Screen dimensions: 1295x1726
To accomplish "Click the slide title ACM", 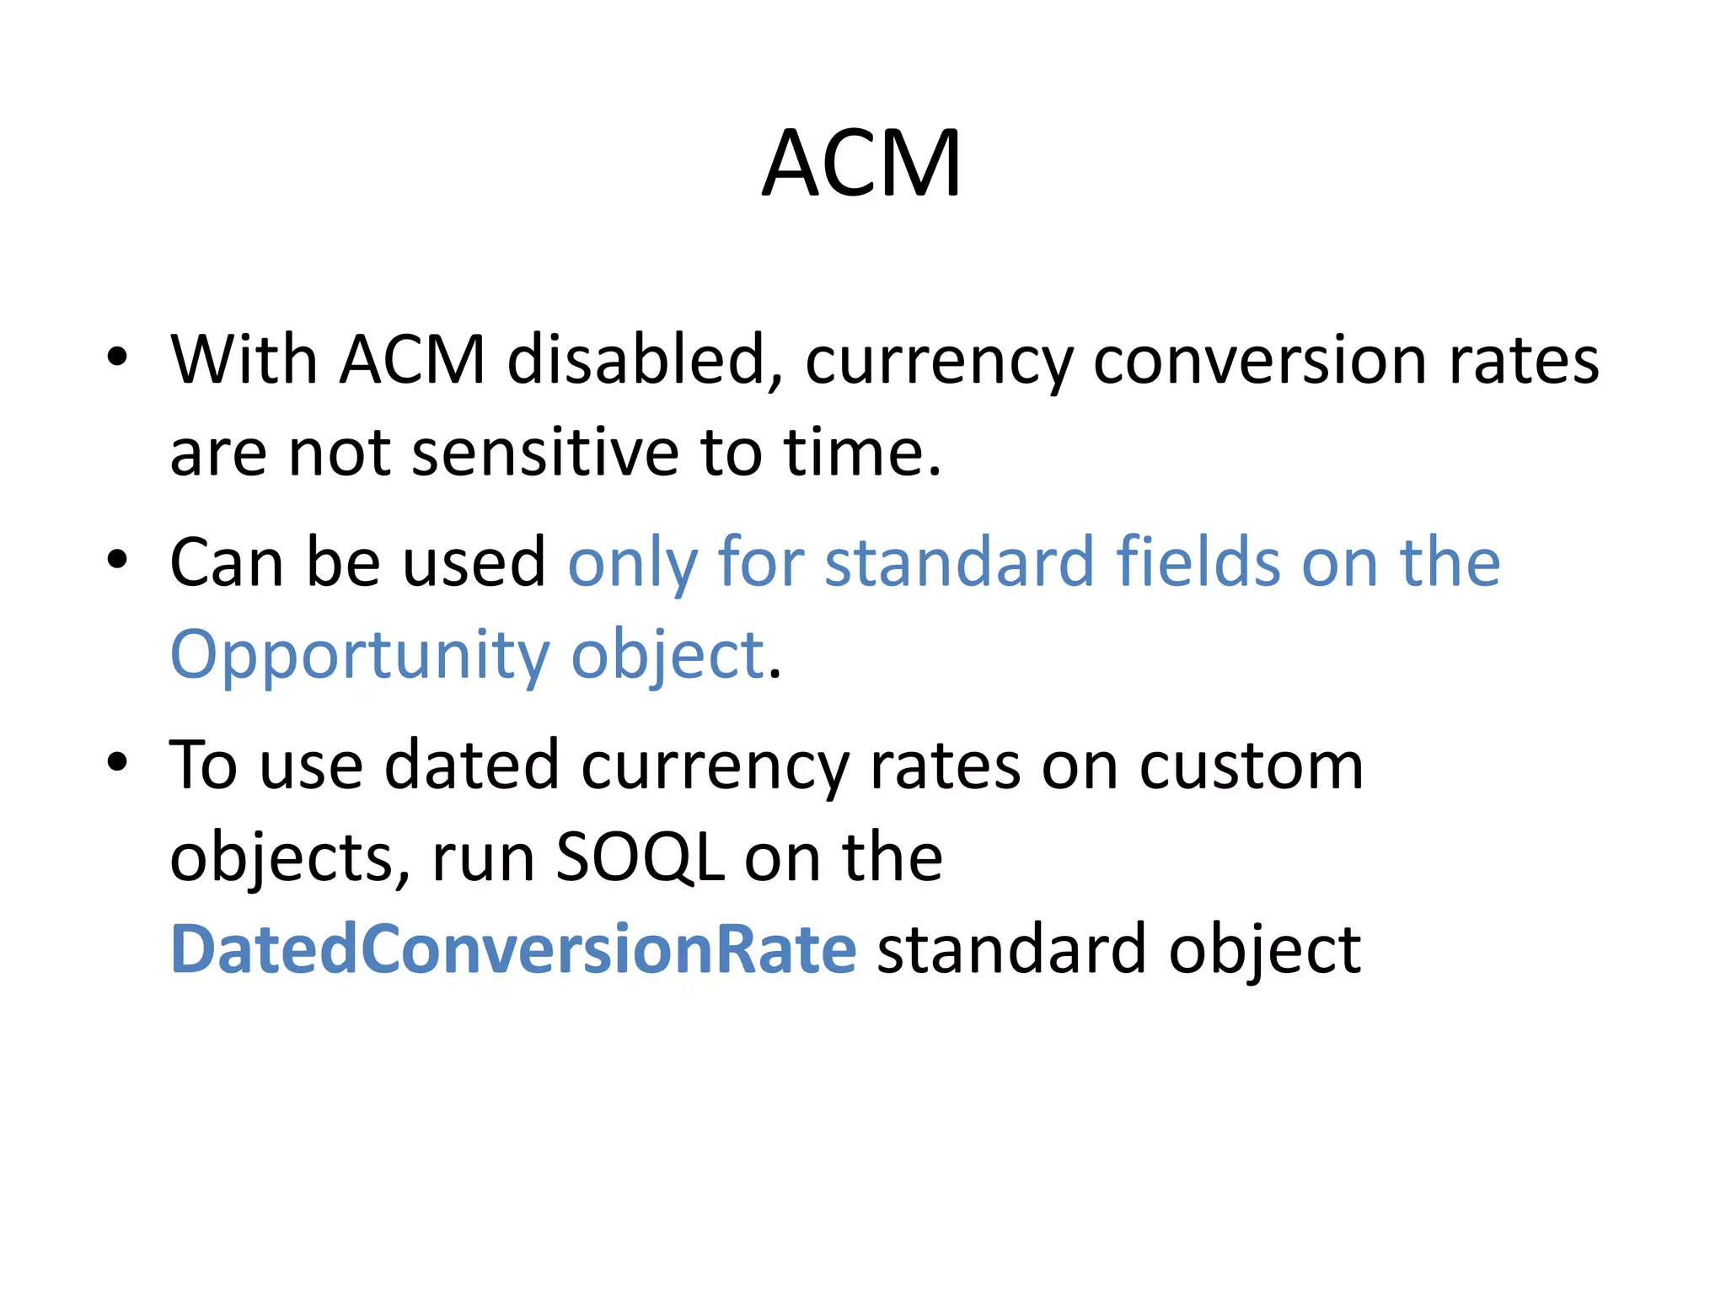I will (861, 164).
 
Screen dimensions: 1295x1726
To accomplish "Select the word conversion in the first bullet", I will (1260, 360).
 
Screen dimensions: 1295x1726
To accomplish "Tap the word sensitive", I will (545, 453).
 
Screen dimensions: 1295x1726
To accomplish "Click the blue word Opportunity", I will (360, 656).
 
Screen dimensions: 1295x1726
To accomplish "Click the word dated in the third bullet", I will (472, 766).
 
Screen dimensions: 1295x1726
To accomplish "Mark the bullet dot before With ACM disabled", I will (117, 357).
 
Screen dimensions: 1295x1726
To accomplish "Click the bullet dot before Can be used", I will (117, 559).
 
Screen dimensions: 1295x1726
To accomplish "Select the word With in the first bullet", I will (244, 360).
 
